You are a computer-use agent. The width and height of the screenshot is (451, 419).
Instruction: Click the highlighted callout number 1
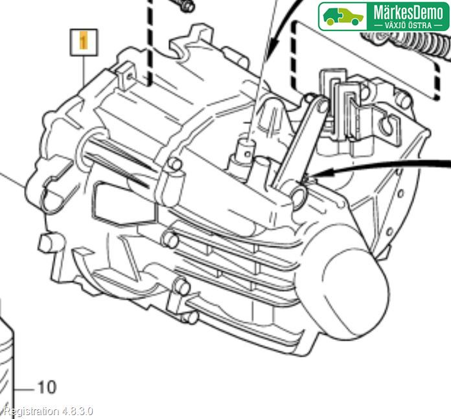pyautogui.click(x=82, y=43)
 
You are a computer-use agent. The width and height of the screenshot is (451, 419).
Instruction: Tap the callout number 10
pyautogui.click(x=46, y=387)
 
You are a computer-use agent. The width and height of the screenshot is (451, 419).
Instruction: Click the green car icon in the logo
pyautogui.click(x=343, y=16)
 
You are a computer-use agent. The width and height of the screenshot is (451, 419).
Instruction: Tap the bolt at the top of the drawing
pyautogui.click(x=184, y=5)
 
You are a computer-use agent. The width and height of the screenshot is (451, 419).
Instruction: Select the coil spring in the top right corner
pyautogui.click(x=408, y=45)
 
